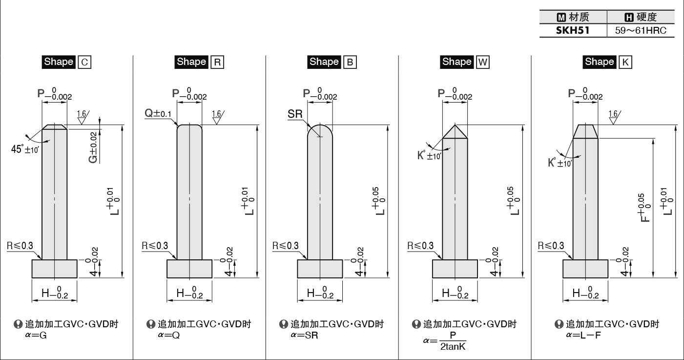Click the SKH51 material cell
[573, 31]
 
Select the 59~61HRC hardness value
[641, 31]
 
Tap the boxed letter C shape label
[84, 62]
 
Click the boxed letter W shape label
[483, 62]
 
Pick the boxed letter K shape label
[625, 62]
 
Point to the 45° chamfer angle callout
[25, 149]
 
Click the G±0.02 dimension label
[93, 148]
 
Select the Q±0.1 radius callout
[158, 113]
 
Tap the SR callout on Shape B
[295, 114]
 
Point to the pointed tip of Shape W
[455, 125]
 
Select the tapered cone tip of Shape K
[585, 131]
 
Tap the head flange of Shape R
[189, 269]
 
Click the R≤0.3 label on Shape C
[20, 246]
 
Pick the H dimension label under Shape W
[455, 293]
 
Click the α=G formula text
[36, 335]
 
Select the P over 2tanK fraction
[453, 341]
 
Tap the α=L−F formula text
[583, 335]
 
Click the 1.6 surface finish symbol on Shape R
[217, 117]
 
